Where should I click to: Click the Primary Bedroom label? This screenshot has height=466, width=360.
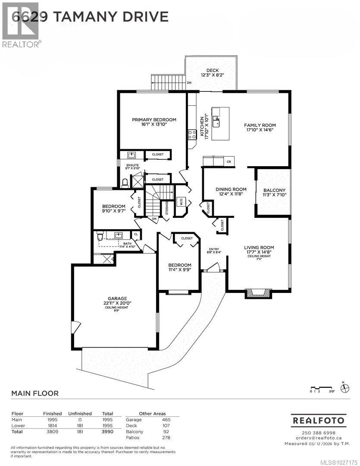pos(154,120)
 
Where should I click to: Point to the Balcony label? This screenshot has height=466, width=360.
pos(275,190)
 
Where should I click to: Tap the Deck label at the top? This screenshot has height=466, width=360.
pos(212,70)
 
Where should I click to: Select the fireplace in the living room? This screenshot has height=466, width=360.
pos(258,293)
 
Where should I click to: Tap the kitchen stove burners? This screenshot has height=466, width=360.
pos(192,135)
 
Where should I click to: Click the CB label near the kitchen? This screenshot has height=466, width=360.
pos(229,162)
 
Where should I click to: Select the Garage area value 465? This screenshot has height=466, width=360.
pos(166,420)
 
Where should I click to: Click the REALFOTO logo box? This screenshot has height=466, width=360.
pos(319,420)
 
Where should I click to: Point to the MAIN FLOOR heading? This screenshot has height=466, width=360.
pos(34,393)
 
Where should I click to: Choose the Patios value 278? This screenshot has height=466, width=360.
pos(166,438)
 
